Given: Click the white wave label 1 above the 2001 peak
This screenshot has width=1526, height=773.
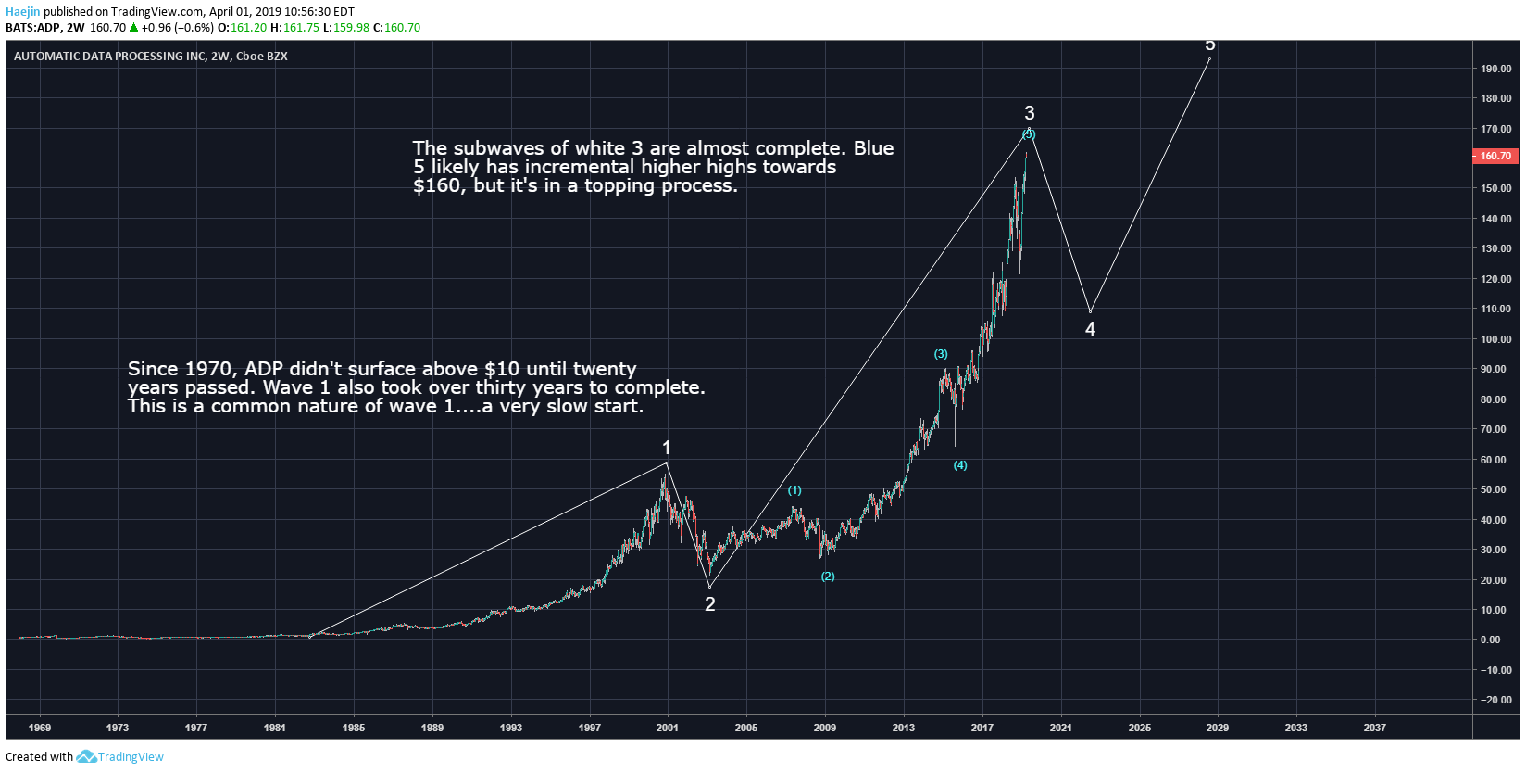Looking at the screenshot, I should [x=666, y=448].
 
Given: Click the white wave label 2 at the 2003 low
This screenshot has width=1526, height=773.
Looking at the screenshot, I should [x=710, y=604].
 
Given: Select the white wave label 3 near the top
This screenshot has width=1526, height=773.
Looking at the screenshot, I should [x=1029, y=113].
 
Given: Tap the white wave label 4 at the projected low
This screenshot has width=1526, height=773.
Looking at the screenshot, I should [x=1090, y=329].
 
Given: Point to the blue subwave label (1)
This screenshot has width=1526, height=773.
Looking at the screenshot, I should [x=794, y=490].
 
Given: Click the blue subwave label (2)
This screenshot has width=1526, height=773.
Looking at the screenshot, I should [x=828, y=577].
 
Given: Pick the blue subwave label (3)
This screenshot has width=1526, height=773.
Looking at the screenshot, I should [x=941, y=354].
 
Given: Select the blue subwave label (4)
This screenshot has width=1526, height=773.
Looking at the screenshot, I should [x=960, y=465].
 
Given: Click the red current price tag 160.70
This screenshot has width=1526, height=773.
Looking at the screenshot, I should [x=1495, y=156].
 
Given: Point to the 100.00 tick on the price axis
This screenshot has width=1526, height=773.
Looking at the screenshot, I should [x=1495, y=339].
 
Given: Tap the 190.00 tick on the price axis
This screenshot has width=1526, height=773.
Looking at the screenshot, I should [x=1495, y=69].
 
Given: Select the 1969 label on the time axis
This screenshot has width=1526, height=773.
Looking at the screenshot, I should [x=40, y=728].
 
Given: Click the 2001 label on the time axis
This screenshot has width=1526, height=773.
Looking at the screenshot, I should [x=667, y=728].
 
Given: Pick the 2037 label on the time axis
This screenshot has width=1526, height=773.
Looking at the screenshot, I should [x=1374, y=728].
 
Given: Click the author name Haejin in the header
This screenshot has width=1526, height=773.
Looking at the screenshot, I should [x=22, y=12].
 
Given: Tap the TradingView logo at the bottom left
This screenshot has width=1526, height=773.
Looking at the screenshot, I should [x=120, y=756].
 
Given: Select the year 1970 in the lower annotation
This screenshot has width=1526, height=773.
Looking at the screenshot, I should [x=211, y=369].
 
